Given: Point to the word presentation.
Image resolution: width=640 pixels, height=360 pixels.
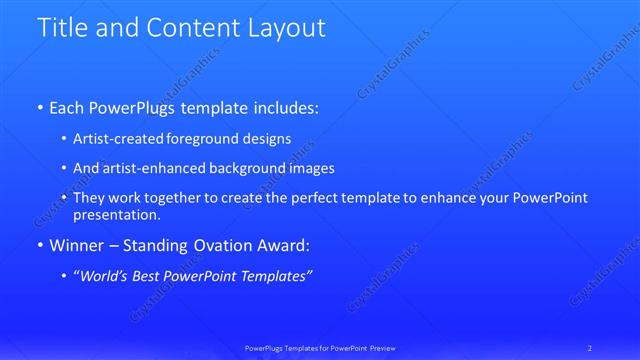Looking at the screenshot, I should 116,214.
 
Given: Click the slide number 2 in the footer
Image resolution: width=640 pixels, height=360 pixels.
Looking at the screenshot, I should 590,348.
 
